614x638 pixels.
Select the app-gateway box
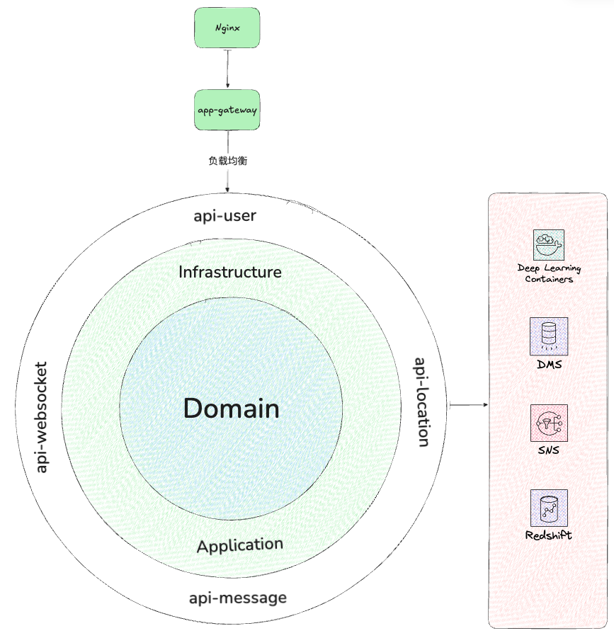pyautogui.click(x=227, y=110)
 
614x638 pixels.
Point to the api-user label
pyautogui.click(x=224, y=215)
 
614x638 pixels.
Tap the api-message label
pyautogui.click(x=238, y=598)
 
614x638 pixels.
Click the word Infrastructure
pyautogui.click(x=230, y=272)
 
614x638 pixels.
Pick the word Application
pyautogui.click(x=240, y=545)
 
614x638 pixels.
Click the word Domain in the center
pyautogui.click(x=231, y=409)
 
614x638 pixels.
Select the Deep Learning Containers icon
pyautogui.click(x=549, y=245)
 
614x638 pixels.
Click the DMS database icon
pyautogui.click(x=549, y=336)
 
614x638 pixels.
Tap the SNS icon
pyautogui.click(x=549, y=423)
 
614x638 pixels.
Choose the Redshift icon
pyautogui.click(x=549, y=507)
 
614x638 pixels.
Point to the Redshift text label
pyautogui.click(x=549, y=535)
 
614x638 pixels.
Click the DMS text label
pyautogui.click(x=549, y=364)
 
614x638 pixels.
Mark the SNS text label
pyautogui.click(x=549, y=450)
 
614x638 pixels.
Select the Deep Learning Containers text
pyautogui.click(x=549, y=273)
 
